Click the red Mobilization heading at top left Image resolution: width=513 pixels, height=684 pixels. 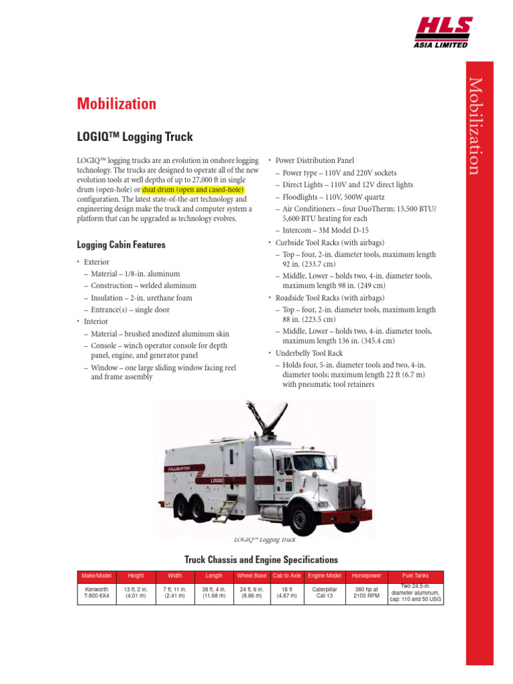pyautogui.click(x=117, y=104)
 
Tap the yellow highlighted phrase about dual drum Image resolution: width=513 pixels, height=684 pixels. pyautogui.click(x=194, y=190)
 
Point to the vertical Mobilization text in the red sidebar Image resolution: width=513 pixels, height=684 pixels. pyautogui.click(x=474, y=126)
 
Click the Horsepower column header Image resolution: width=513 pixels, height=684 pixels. pyautogui.click(x=367, y=576)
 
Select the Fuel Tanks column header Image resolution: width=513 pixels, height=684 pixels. pyautogui.click(x=415, y=576)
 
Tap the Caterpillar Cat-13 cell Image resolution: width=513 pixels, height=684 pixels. pyautogui.click(x=325, y=593)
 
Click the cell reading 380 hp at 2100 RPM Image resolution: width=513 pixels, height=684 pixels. pyautogui.click(x=367, y=593)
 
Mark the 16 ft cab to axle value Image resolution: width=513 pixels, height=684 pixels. pyautogui.click(x=287, y=593)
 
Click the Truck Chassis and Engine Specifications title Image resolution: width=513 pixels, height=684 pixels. pyautogui.click(x=261, y=560)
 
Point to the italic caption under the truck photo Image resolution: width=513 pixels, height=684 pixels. pyautogui.click(x=265, y=540)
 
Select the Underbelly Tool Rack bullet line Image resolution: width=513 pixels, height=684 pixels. pyautogui.click(x=309, y=353)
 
